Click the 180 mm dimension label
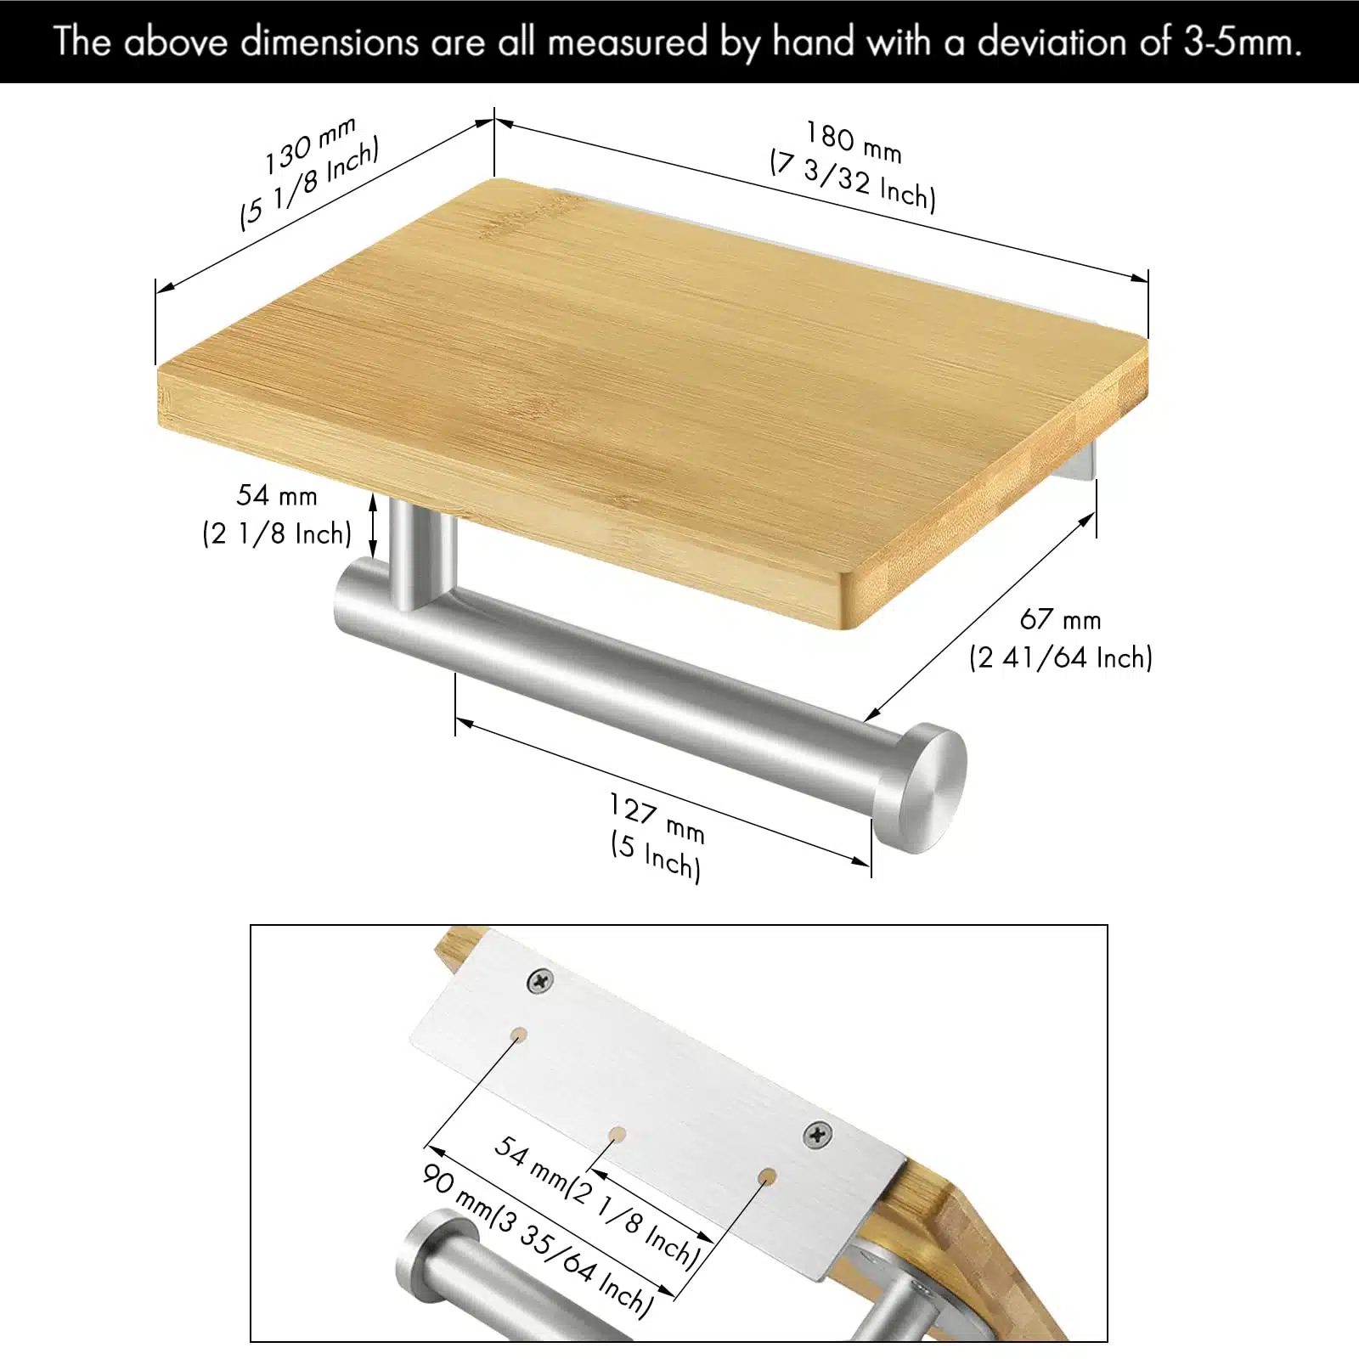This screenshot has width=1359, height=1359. (x=854, y=142)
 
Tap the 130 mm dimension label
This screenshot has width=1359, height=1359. (x=308, y=145)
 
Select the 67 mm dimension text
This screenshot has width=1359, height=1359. (x=1060, y=619)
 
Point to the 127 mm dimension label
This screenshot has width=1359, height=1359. (x=657, y=818)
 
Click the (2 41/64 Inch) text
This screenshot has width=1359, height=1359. (x=1061, y=657)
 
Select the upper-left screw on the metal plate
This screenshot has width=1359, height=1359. (x=540, y=982)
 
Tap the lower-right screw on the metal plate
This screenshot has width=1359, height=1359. (x=817, y=1134)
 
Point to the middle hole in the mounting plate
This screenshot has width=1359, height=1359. (x=618, y=1135)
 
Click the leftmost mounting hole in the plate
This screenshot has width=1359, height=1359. (x=518, y=1035)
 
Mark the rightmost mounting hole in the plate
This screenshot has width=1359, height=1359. (x=767, y=1176)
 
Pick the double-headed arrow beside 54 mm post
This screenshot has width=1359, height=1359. (x=372, y=525)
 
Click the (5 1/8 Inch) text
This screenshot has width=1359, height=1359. (x=310, y=183)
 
